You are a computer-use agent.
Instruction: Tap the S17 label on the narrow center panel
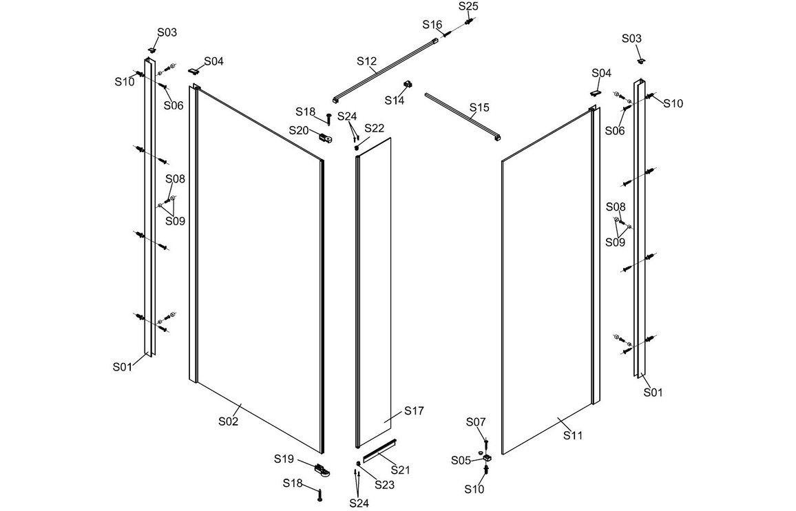click(x=414, y=410)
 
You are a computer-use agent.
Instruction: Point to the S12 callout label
click(x=366, y=61)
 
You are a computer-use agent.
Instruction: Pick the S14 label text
click(x=395, y=101)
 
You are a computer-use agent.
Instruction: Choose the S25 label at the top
click(x=468, y=6)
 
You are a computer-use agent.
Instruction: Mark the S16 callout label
click(x=432, y=24)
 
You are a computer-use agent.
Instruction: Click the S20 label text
click(x=298, y=130)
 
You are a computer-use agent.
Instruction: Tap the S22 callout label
click(x=375, y=128)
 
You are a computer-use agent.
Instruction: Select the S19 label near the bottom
click(x=284, y=459)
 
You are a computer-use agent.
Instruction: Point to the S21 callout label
click(x=401, y=469)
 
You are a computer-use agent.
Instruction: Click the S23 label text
click(x=384, y=484)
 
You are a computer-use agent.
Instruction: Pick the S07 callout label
click(x=476, y=421)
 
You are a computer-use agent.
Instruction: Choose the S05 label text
click(x=461, y=460)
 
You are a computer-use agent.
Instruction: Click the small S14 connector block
click(x=408, y=84)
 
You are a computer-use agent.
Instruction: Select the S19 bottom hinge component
click(x=321, y=470)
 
